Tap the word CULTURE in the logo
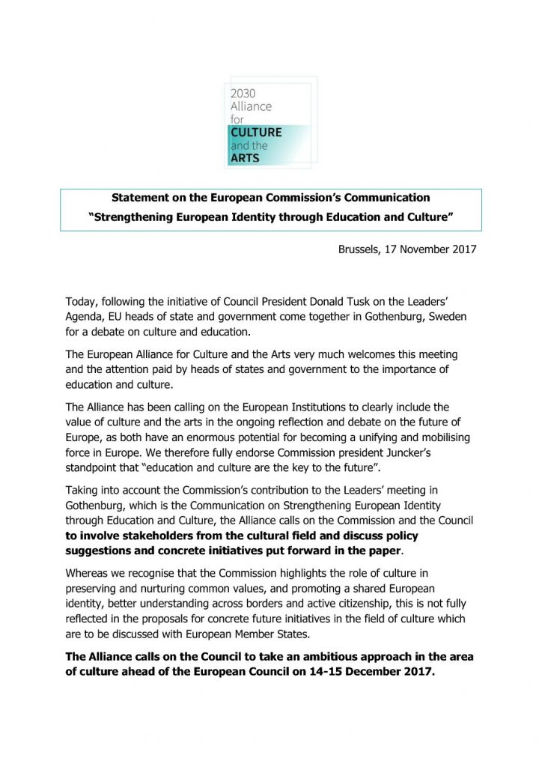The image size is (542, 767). (x=256, y=133)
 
